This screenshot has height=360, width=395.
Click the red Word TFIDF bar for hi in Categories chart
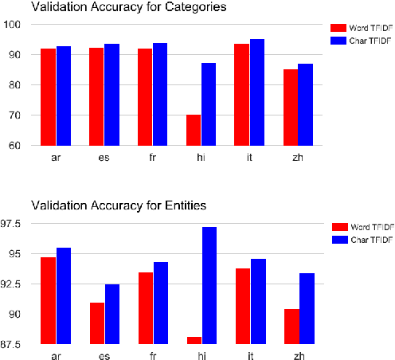coord(194,130)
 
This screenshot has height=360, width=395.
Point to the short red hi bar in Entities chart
coord(194,340)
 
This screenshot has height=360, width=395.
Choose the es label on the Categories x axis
coord(104,158)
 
